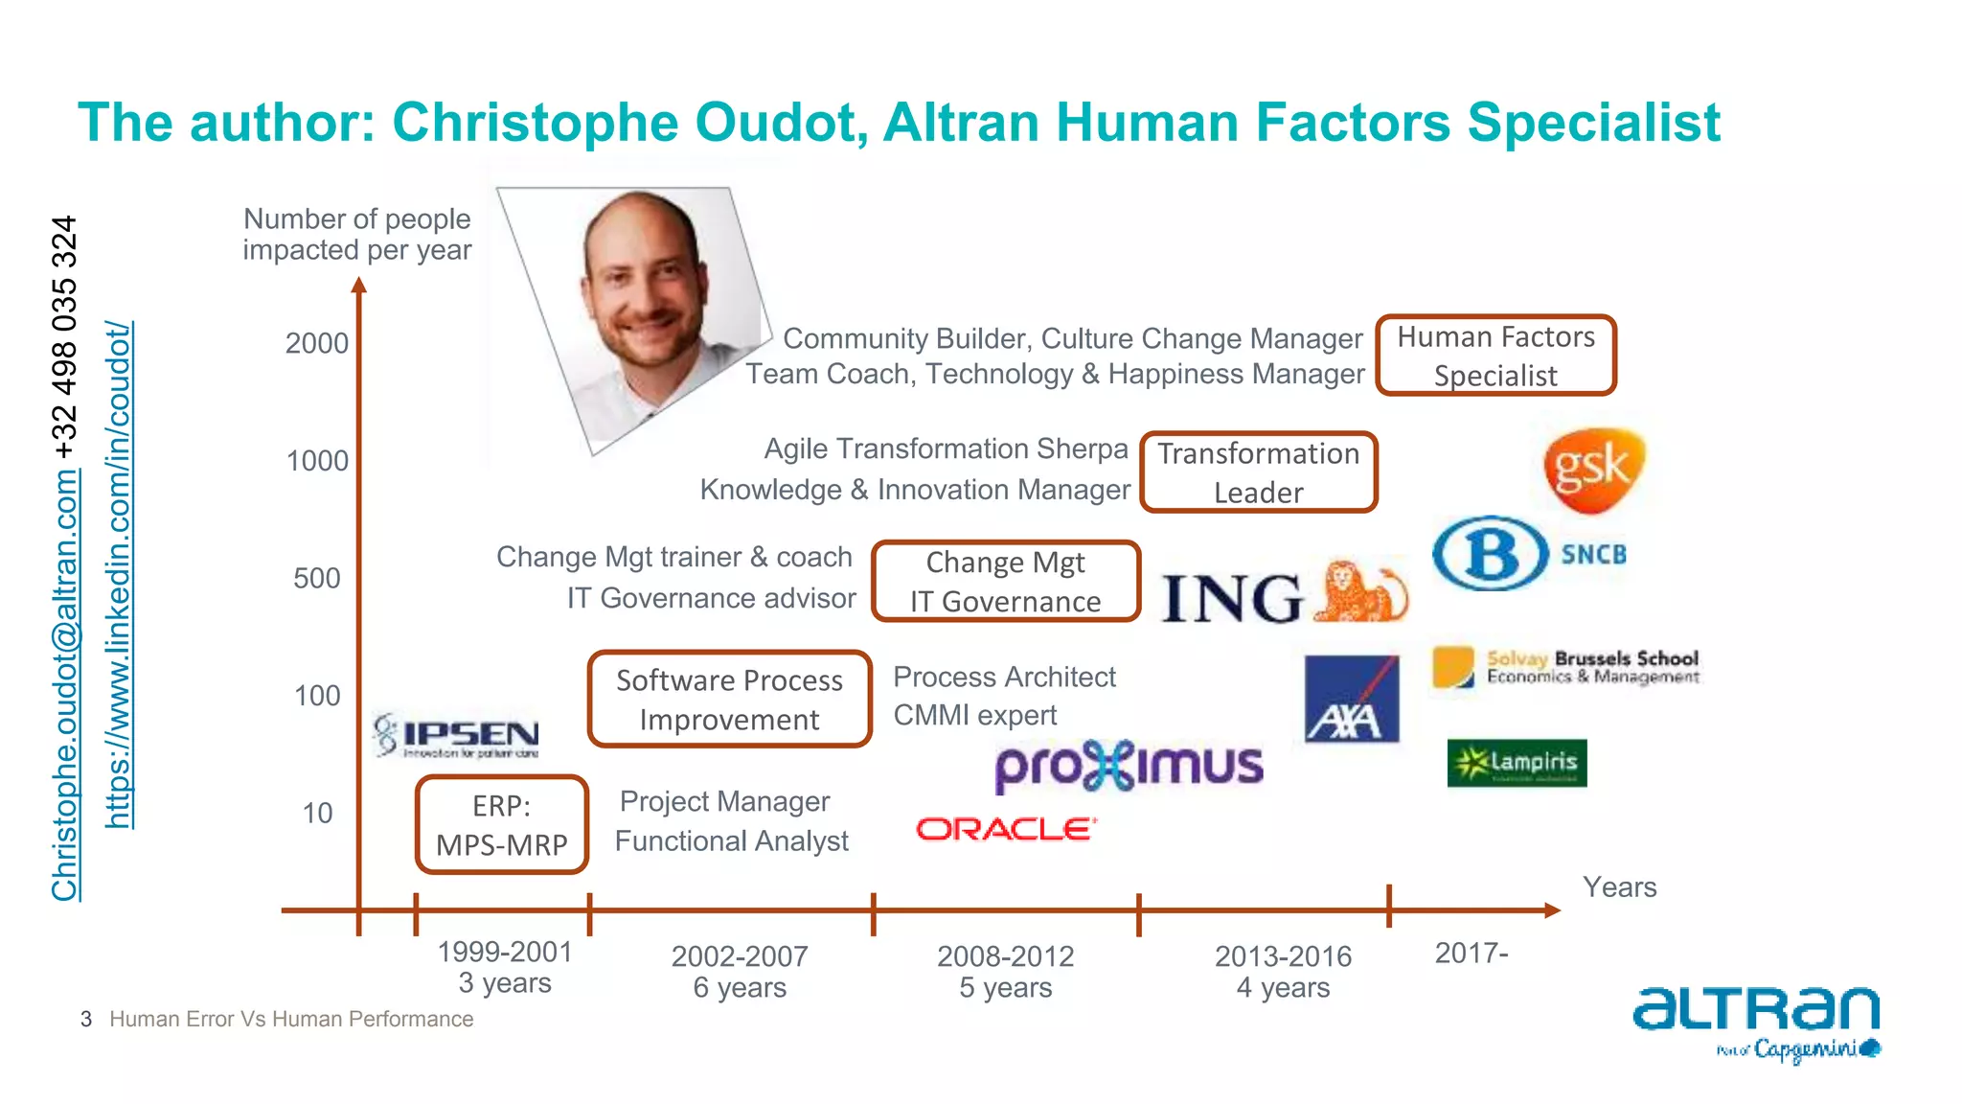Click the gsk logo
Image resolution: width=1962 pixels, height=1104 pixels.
pos(1593,470)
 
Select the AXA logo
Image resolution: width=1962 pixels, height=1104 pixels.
pos(1352,699)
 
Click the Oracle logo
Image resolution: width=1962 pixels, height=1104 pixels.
pos(1006,829)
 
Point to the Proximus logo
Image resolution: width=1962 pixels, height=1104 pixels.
pos(1129,767)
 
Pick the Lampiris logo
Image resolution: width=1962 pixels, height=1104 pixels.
pos(1517,763)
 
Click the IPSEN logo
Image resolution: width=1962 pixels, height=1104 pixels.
pos(456,736)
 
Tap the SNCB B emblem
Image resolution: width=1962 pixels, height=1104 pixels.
pos(1490,554)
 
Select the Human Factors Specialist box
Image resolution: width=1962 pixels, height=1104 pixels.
pos(1495,356)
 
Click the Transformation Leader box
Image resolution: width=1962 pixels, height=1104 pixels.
pos(1258,472)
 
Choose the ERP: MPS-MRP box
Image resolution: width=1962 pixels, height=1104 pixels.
pos(501,825)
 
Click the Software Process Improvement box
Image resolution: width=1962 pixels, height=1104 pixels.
pos(729,700)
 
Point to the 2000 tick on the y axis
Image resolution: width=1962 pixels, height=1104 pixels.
pos(317,343)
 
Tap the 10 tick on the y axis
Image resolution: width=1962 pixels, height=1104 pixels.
pos(317,814)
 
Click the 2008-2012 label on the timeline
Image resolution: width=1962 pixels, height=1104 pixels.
pos(1005,956)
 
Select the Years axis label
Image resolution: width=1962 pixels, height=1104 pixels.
pos(1619,887)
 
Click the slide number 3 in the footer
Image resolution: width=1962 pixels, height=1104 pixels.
pos(86,1020)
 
